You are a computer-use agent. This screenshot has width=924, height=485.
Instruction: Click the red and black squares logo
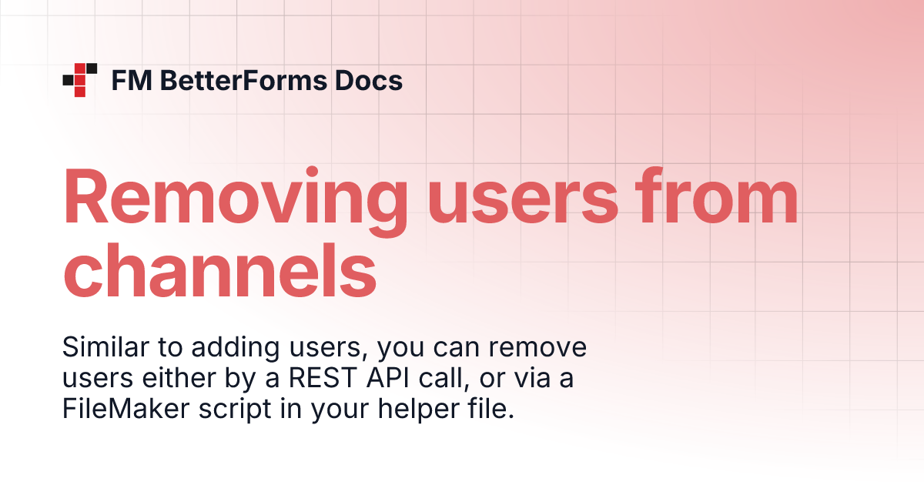coord(79,80)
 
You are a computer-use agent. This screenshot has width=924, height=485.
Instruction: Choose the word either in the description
coord(163,379)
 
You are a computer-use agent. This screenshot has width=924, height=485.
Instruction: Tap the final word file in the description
coord(490,410)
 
